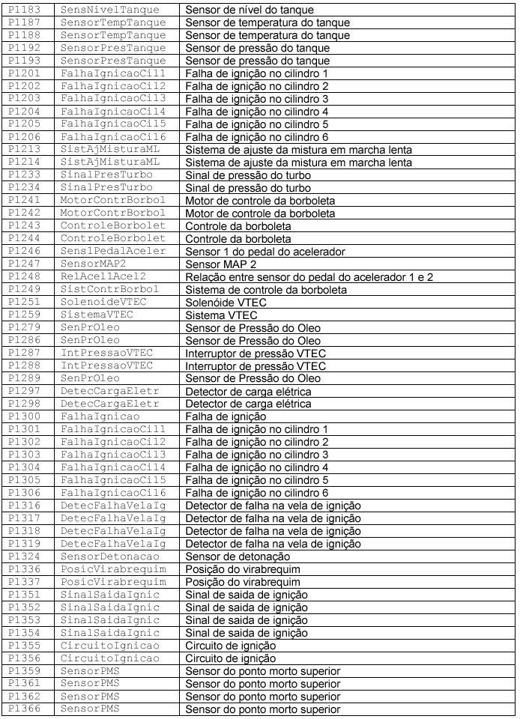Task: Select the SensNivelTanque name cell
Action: (x=106, y=10)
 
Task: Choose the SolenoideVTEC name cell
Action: (x=106, y=303)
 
